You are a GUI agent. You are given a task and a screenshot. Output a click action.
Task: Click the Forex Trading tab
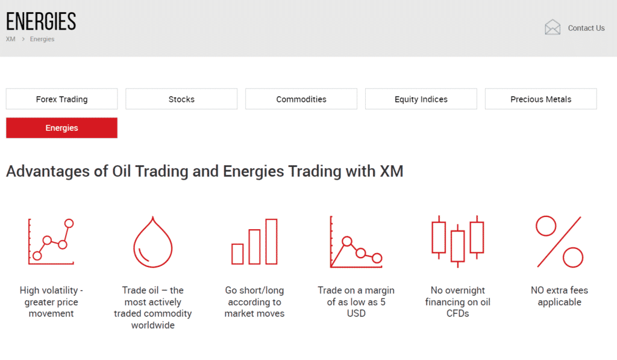[62, 99]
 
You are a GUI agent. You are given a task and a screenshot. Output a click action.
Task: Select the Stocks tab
[181, 99]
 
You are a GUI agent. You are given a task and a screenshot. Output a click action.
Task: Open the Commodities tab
[301, 99]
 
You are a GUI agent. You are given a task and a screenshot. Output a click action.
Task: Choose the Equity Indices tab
[421, 99]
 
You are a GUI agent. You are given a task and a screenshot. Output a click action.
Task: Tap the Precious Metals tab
[540, 99]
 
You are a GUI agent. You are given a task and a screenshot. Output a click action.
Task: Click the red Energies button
[62, 128]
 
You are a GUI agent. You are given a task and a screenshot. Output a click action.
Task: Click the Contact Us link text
[586, 28]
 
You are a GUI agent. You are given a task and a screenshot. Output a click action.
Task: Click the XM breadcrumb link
[11, 39]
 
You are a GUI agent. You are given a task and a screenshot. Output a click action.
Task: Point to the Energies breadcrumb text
[42, 39]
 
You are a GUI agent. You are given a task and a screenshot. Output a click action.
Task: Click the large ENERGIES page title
[41, 21]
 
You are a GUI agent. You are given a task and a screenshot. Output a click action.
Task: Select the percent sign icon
[559, 241]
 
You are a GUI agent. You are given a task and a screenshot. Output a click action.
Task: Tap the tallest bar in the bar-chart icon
[272, 241]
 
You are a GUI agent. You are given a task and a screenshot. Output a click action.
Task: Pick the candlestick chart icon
[458, 241]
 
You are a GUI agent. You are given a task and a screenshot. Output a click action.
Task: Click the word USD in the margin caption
[356, 314]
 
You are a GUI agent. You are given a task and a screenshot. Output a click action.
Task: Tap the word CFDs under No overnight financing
[458, 314]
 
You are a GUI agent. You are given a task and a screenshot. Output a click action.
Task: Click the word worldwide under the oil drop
[152, 326]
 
